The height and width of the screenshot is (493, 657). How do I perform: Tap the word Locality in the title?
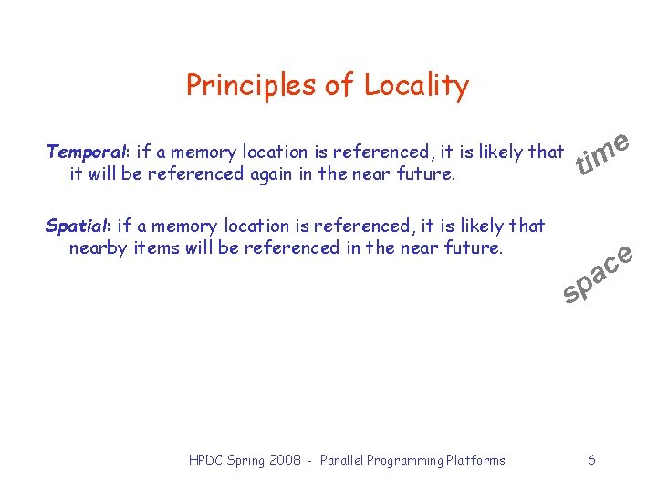coord(416,86)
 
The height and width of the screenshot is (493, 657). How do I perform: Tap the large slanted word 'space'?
coord(598,273)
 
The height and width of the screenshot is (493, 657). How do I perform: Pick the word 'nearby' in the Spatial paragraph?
coord(99,246)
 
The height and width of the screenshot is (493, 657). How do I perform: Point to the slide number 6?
coord(591,460)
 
